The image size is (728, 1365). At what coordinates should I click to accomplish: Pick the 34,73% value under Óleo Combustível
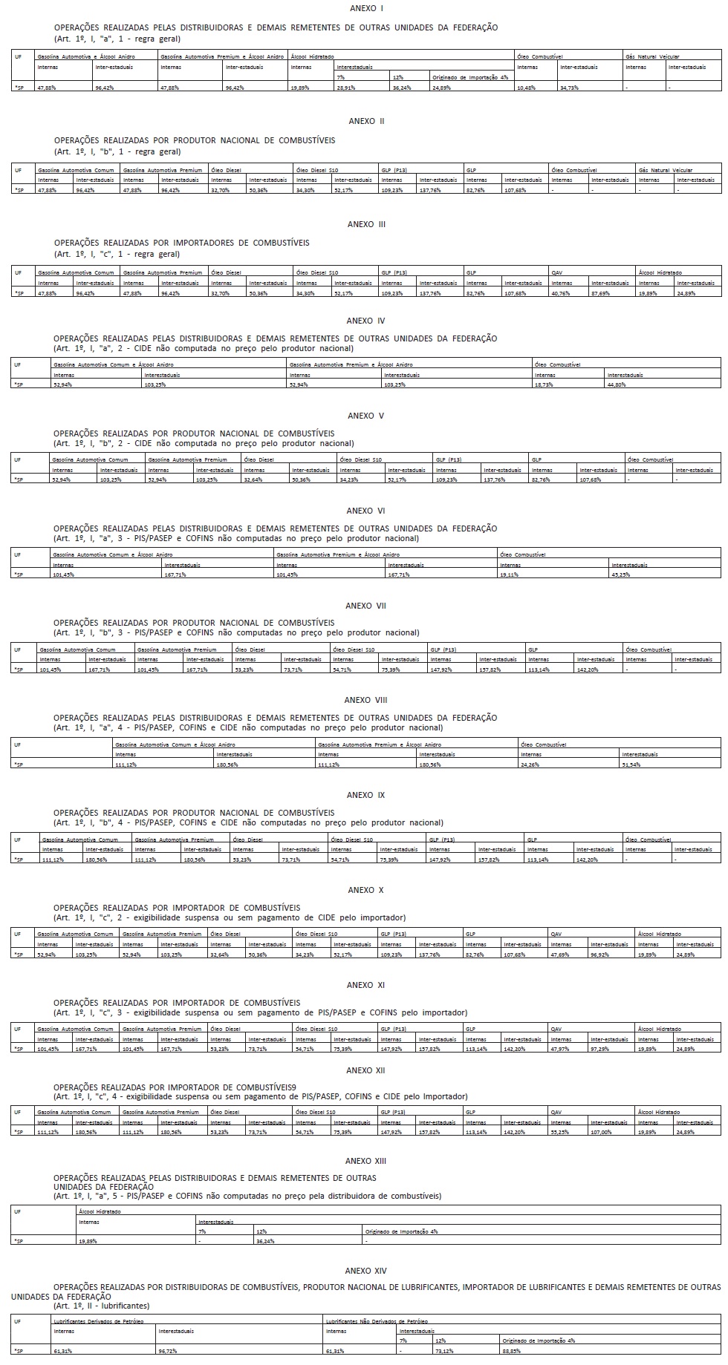pos(570,88)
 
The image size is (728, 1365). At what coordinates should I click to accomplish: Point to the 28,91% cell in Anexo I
pos(346,88)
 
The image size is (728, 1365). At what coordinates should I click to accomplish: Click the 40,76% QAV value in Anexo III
pos(562,293)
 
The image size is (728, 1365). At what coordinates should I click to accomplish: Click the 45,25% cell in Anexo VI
pos(620,575)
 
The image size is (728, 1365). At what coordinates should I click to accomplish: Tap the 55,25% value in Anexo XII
pos(562,1132)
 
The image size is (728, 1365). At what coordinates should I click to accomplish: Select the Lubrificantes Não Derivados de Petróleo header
pos(377,1322)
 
